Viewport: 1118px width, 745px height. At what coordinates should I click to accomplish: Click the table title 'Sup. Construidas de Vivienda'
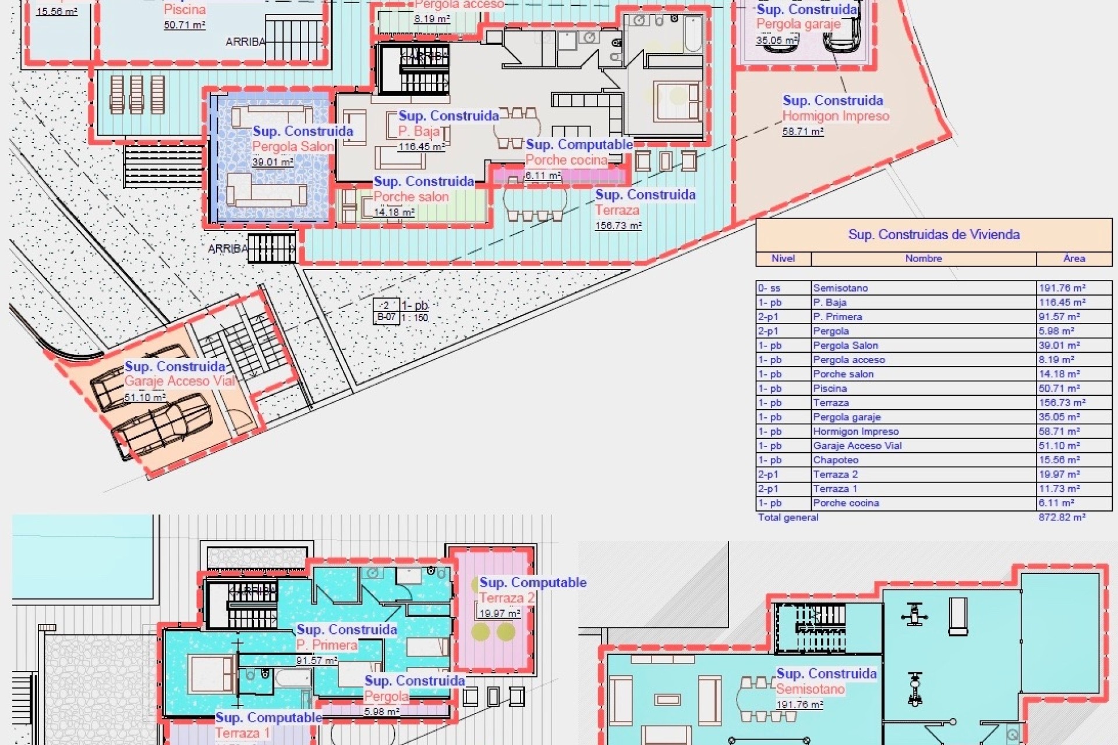tap(933, 235)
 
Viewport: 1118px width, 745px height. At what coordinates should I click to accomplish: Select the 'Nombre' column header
tap(923, 258)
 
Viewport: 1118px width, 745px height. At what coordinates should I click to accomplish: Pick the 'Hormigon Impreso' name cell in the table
tap(855, 431)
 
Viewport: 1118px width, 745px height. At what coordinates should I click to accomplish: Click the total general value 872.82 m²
tap(1062, 517)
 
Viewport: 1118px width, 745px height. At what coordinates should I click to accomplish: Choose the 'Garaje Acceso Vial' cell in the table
tap(857, 446)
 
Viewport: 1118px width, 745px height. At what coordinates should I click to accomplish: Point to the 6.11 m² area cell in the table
tap(1056, 503)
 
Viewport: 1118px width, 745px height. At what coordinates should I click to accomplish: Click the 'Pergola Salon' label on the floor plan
tap(293, 147)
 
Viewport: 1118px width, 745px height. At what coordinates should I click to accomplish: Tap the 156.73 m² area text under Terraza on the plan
tap(618, 225)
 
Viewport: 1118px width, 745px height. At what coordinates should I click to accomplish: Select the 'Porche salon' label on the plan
tap(411, 197)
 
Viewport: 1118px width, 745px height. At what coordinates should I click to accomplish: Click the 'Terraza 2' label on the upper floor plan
tap(507, 598)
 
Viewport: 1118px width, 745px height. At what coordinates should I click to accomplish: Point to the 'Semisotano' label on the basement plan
tap(810, 689)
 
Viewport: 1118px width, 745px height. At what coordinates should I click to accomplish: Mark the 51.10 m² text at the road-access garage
tap(144, 397)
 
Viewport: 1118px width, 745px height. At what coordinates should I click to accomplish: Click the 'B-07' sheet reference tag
tap(386, 318)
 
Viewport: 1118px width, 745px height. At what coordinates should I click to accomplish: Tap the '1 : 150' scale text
tap(415, 318)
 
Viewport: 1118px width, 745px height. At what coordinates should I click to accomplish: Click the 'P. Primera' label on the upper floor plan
tap(327, 645)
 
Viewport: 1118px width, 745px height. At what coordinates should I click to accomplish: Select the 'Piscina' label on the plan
tap(185, 10)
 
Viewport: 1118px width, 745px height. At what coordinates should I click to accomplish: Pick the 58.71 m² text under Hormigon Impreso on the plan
tap(802, 132)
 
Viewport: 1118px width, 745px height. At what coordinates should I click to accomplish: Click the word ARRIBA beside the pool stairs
tap(245, 42)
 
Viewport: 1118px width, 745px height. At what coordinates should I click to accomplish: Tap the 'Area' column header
tap(1074, 258)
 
